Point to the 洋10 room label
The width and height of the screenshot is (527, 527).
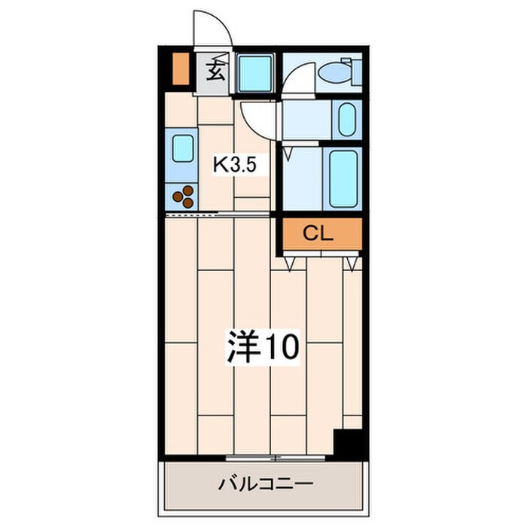[263, 346]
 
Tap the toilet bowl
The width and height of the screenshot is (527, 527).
[332, 73]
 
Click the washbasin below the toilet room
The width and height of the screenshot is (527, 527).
[346, 118]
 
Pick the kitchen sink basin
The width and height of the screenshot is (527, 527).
[184, 148]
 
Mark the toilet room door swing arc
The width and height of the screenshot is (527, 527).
[297, 75]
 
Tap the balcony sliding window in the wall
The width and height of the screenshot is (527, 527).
[279, 458]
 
